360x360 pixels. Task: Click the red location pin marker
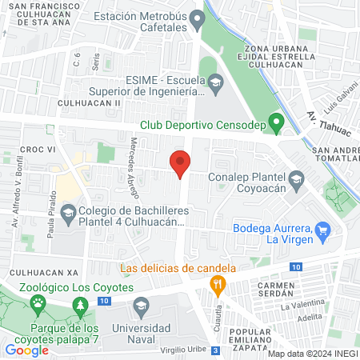point(180,164)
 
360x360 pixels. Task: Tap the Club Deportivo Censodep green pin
point(277,123)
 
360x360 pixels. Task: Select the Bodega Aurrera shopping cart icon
point(323,231)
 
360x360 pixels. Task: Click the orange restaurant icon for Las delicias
point(216,283)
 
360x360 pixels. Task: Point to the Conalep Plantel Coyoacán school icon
point(297,178)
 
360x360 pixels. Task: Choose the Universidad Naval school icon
point(141,306)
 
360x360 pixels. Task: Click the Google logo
point(26,350)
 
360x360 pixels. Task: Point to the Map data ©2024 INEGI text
point(311,354)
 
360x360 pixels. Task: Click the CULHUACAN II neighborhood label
point(89,103)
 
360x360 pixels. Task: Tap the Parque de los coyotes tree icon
point(79,306)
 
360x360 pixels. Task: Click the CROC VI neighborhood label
point(36,150)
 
